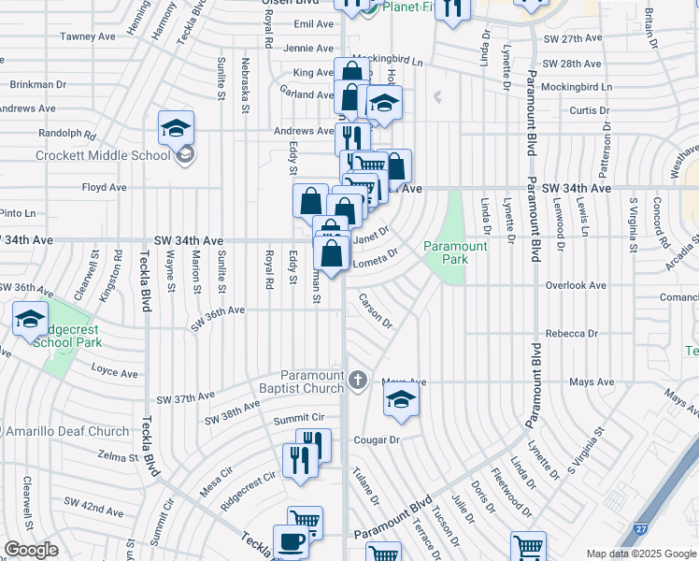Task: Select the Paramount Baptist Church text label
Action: pyautogui.click(x=298, y=382)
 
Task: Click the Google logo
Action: pyautogui.click(x=30, y=550)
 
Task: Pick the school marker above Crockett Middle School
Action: pyautogui.click(x=176, y=130)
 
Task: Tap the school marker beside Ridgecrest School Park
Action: pyautogui.click(x=30, y=320)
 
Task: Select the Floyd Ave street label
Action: pyautogui.click(x=104, y=187)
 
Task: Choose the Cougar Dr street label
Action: pyautogui.click(x=376, y=439)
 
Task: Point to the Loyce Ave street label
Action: pyautogui.click(x=114, y=372)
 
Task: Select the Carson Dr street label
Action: pyautogui.click(x=376, y=310)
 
